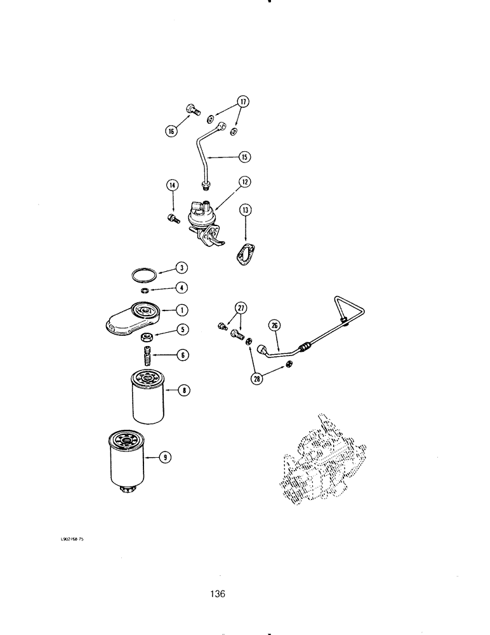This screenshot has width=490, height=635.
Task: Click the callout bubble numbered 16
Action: [170, 131]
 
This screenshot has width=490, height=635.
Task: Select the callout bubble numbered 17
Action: [243, 102]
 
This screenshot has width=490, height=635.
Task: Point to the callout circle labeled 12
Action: [244, 182]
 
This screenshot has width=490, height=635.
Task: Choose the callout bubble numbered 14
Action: [172, 185]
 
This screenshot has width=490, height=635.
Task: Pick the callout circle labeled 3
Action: [182, 268]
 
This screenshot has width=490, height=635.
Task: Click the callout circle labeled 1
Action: [182, 310]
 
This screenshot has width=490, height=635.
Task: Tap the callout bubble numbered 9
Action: [164, 456]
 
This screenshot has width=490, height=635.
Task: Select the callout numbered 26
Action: [275, 326]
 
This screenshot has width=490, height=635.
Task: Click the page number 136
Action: [218, 594]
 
